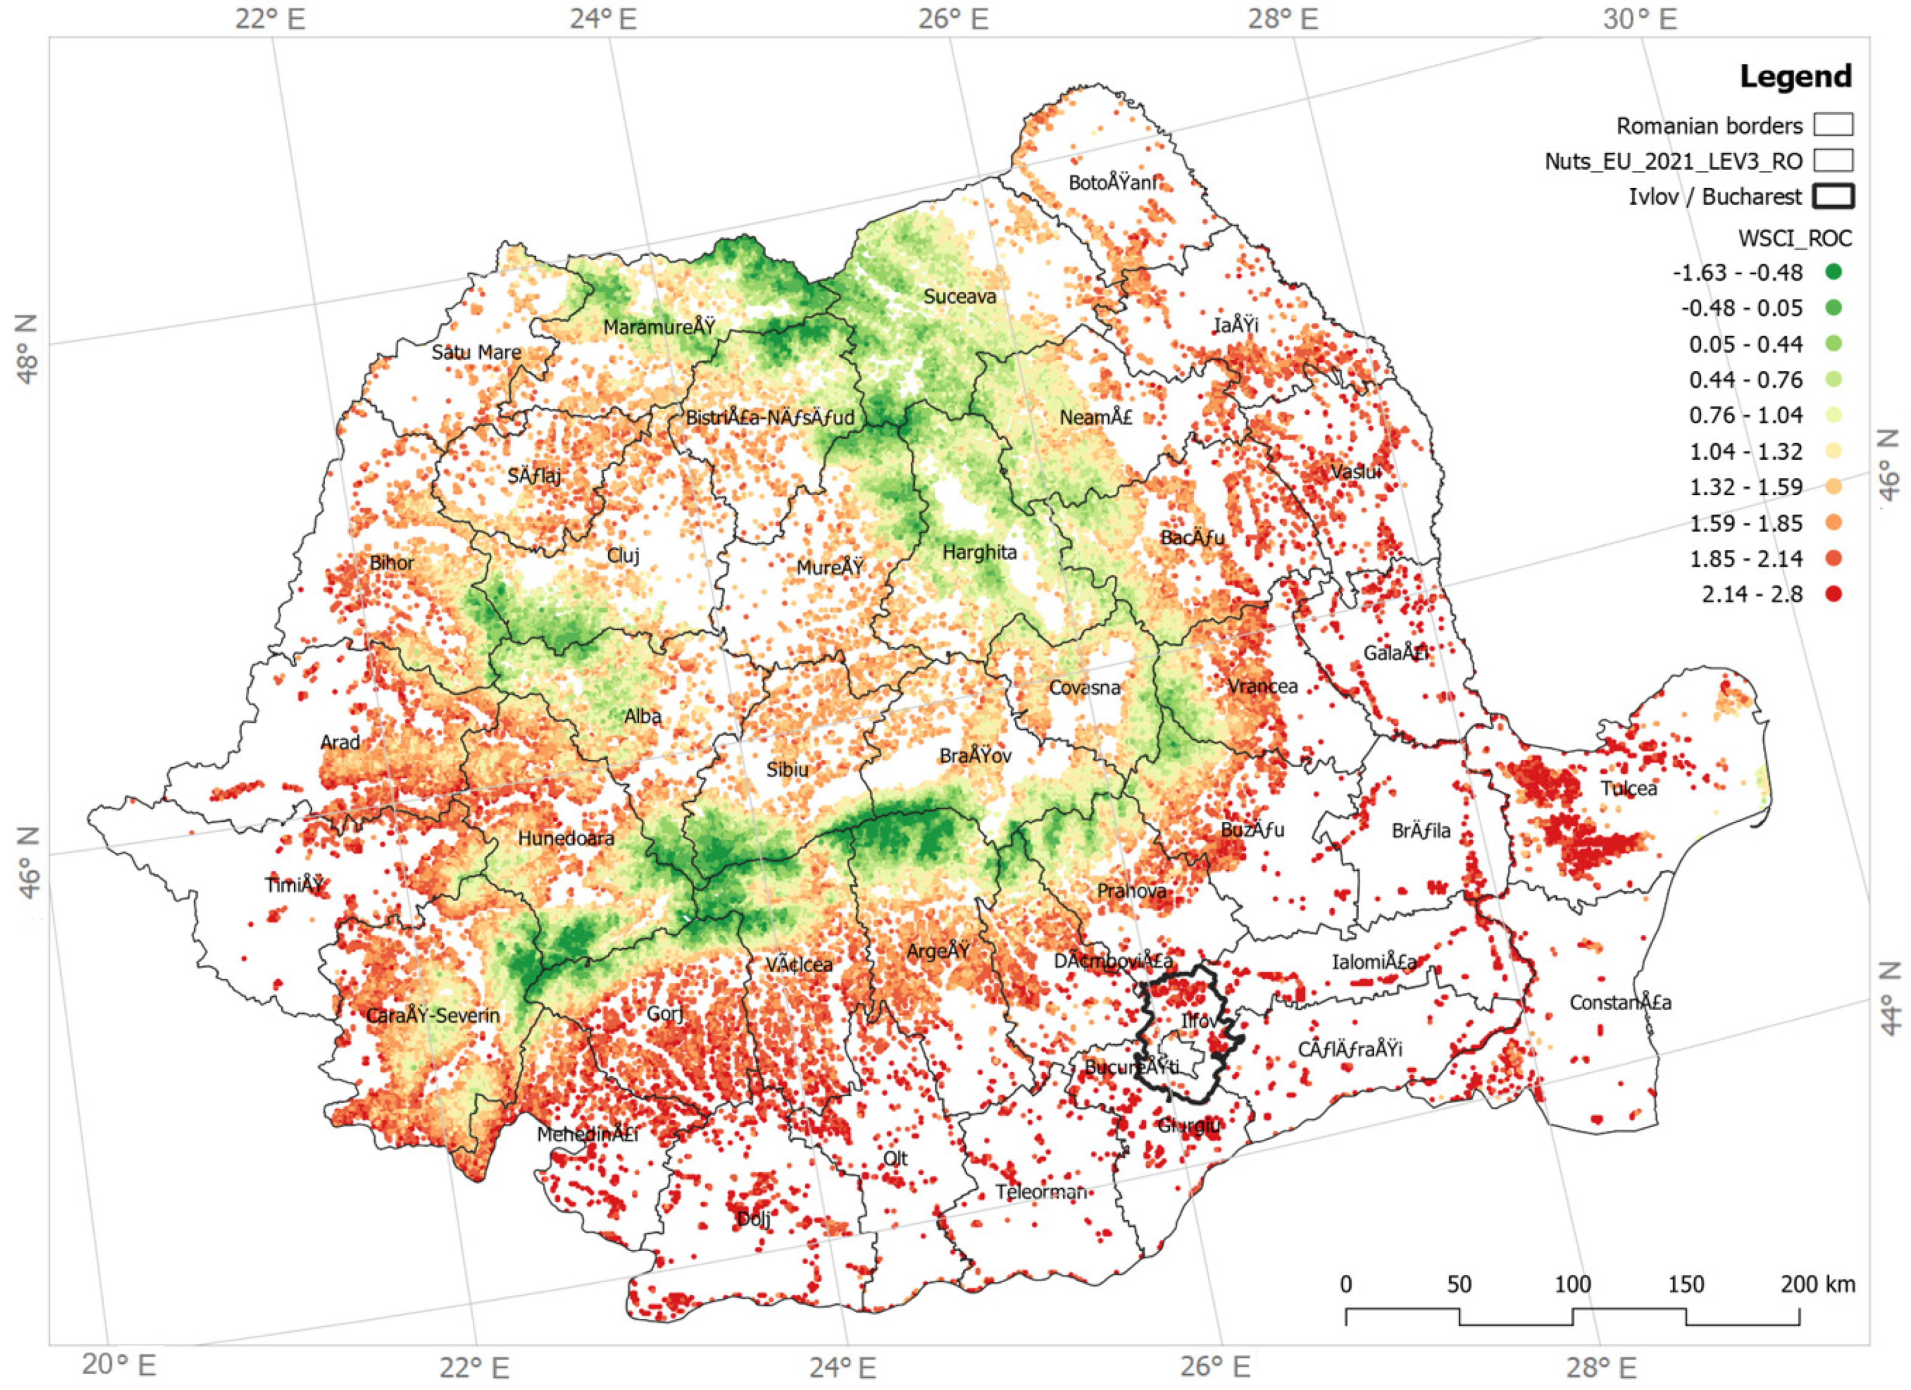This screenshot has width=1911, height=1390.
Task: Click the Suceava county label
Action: point(960,297)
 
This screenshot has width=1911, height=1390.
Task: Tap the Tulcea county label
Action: point(1629,789)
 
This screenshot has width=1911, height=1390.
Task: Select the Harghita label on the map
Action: point(979,552)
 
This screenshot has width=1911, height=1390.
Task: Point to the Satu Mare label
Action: point(476,353)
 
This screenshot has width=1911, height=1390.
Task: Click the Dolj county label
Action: point(753,1219)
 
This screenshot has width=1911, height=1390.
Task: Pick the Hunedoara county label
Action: point(566,839)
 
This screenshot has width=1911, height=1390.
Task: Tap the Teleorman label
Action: point(1041,1193)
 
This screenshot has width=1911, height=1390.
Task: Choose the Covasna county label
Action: point(1085,688)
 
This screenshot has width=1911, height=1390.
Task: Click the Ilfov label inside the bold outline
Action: point(1198,1022)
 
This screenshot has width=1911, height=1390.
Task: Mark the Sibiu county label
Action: point(787,770)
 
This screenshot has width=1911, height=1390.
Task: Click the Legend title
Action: point(1795,77)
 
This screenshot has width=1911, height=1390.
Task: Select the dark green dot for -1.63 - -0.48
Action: point(1834,272)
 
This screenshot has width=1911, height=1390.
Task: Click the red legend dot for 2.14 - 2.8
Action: point(1834,594)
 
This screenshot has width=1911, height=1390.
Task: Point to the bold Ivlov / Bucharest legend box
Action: point(1834,197)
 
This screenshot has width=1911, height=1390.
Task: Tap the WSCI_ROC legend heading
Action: point(1795,239)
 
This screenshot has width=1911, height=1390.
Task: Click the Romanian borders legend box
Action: point(1834,125)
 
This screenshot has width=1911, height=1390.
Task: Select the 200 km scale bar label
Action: point(1817,1285)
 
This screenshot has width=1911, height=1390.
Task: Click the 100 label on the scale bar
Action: point(1572,1285)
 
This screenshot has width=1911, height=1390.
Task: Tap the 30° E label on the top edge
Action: point(1640,18)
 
